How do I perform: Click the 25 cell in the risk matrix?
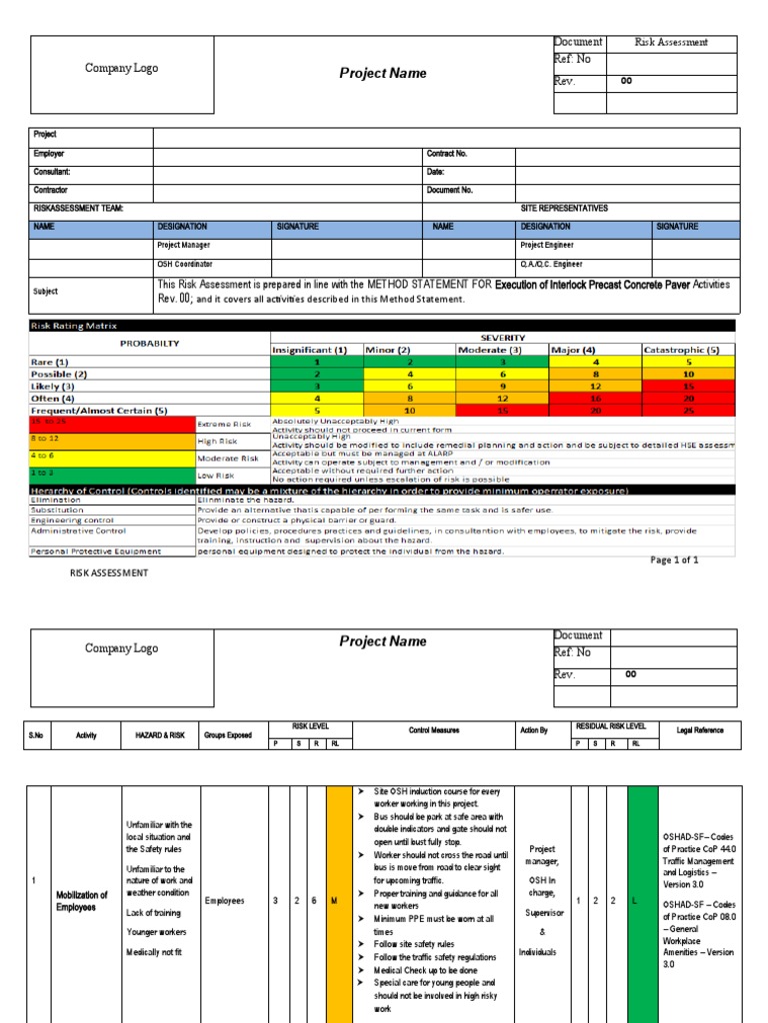pyautogui.click(x=688, y=410)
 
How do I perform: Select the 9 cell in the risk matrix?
pyautogui.click(x=502, y=386)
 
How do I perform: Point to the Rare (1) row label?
pyautogui.click(x=49, y=362)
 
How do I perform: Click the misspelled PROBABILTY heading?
pyautogui.click(x=150, y=343)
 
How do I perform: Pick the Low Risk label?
pyautogui.click(x=217, y=476)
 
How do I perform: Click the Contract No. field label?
pyautogui.click(x=447, y=155)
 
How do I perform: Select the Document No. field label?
pyautogui.click(x=450, y=189)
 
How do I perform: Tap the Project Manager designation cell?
pyautogui.click(x=184, y=245)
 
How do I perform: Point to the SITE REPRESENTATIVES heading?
pyautogui.click(x=564, y=208)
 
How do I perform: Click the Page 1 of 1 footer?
pyautogui.click(x=674, y=560)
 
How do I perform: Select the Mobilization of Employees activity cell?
pyautogui.click(x=83, y=901)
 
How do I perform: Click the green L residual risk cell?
pyautogui.click(x=641, y=901)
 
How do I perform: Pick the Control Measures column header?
pyautogui.click(x=434, y=730)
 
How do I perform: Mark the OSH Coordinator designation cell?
pyautogui.click(x=185, y=264)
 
